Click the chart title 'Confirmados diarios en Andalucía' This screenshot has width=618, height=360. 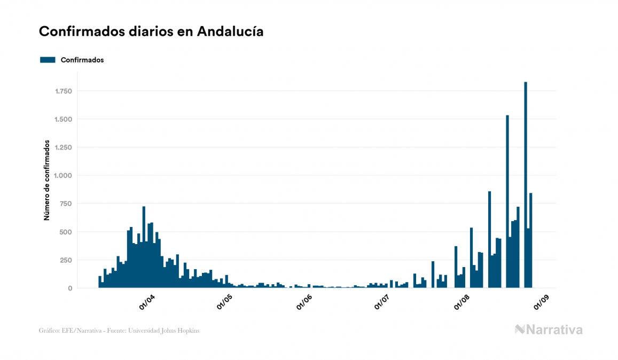point(151,32)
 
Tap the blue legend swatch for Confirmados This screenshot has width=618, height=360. point(48,60)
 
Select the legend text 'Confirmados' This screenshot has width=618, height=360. point(82,60)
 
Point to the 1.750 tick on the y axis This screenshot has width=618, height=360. point(62,91)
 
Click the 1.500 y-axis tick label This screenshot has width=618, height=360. point(62,119)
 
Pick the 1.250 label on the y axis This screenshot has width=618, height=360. point(62,147)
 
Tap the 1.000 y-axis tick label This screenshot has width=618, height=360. point(62,176)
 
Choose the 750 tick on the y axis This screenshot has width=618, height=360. point(66,204)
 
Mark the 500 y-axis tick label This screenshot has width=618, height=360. point(66,232)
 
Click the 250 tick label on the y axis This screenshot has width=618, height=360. point(66,260)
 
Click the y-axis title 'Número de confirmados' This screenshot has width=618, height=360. point(47,181)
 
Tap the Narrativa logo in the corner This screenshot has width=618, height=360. point(549,330)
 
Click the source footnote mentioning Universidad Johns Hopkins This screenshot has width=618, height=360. point(119,331)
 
